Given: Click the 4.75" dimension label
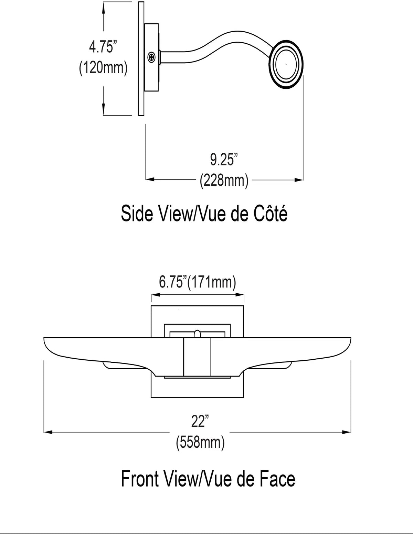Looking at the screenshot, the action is coord(103,47).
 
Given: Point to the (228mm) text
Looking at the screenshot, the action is coord(224,181).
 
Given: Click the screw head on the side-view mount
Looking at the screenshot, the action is coord(151,57).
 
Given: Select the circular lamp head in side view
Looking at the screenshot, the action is coord(286,64).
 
